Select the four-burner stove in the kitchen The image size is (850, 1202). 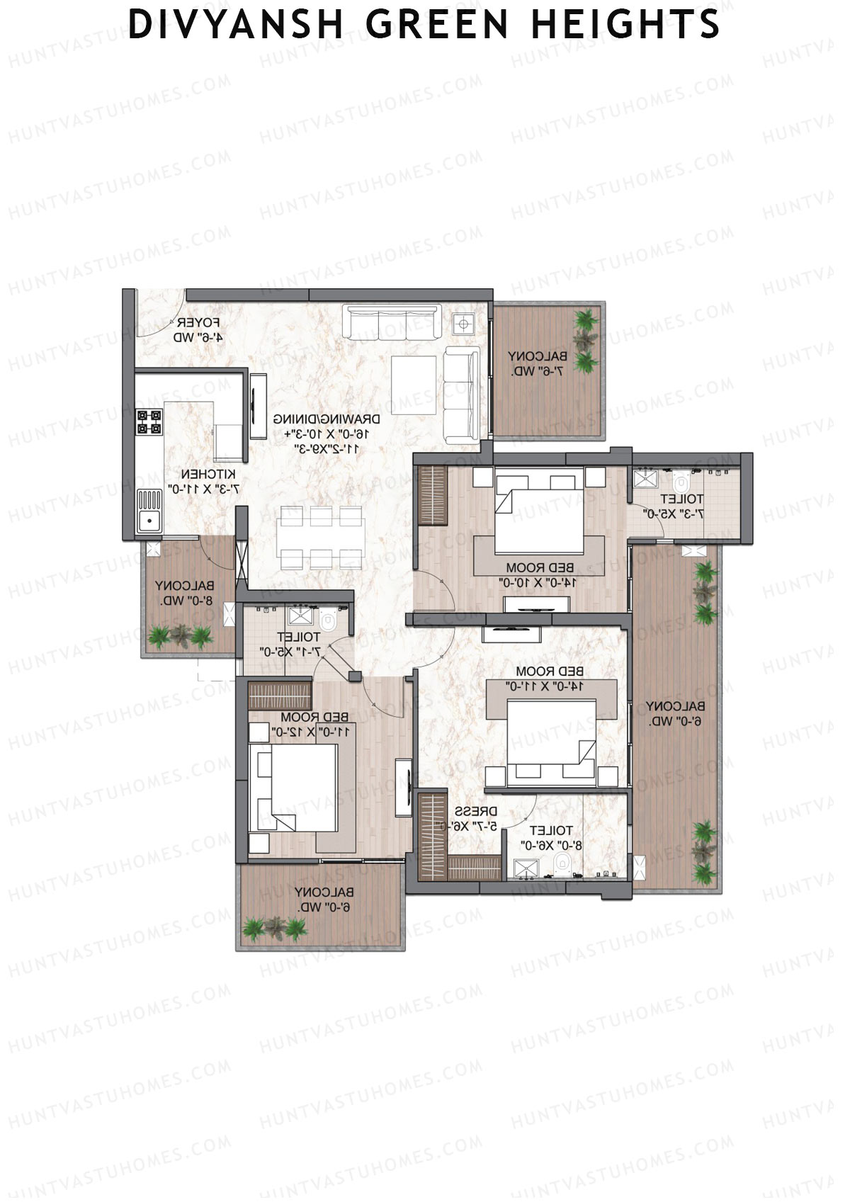pyautogui.click(x=149, y=421)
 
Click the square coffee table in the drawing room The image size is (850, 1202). pyautogui.click(x=414, y=383)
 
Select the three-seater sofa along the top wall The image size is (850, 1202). pyautogui.click(x=392, y=321)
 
